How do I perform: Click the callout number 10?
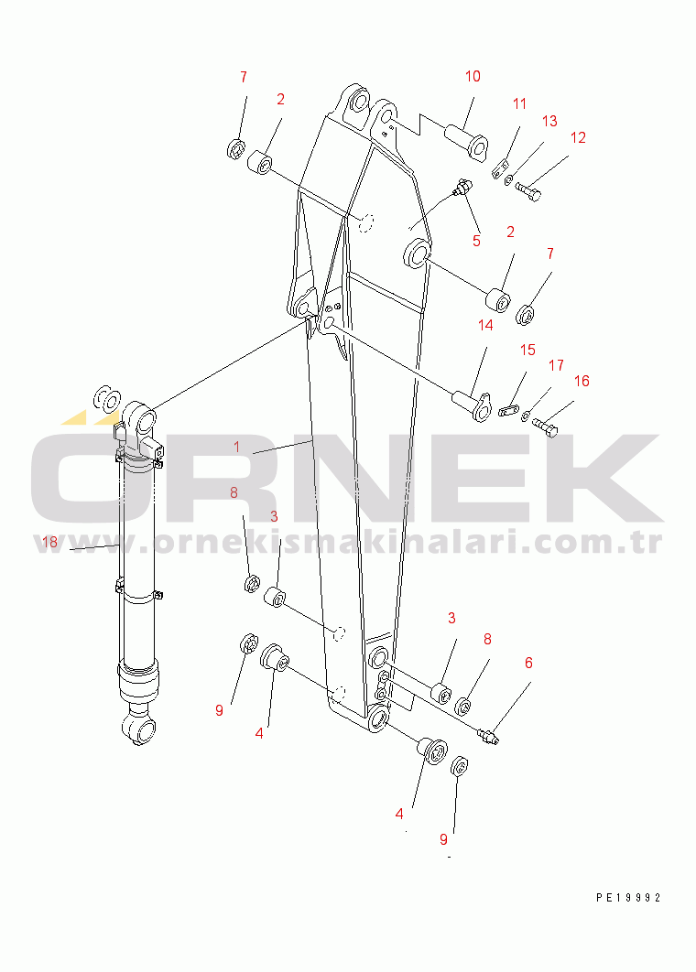(x=473, y=76)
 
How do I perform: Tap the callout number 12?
(x=578, y=137)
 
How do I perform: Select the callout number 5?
(x=476, y=241)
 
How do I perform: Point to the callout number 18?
(x=49, y=543)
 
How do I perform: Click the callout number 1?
(x=236, y=447)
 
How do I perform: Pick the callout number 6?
(x=528, y=663)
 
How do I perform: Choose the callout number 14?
(x=485, y=325)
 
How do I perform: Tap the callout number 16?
(x=582, y=381)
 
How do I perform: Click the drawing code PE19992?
(x=628, y=897)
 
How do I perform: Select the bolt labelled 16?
(x=545, y=427)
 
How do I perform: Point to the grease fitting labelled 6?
(x=489, y=737)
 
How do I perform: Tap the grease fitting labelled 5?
(x=463, y=188)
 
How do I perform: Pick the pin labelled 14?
(x=473, y=404)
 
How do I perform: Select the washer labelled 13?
(x=508, y=179)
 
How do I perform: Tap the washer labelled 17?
(x=526, y=415)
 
